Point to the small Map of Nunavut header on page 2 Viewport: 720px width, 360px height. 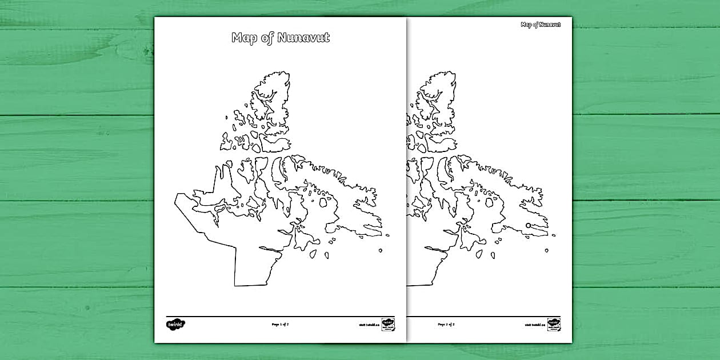pos(540,25)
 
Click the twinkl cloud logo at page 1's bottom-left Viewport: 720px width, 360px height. pos(175,324)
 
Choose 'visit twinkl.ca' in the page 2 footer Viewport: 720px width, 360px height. pos(535,325)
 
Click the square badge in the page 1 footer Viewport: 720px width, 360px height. pos(389,324)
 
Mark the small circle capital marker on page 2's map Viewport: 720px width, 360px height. pos(528,225)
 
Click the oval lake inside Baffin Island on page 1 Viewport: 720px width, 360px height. pos(323,202)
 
